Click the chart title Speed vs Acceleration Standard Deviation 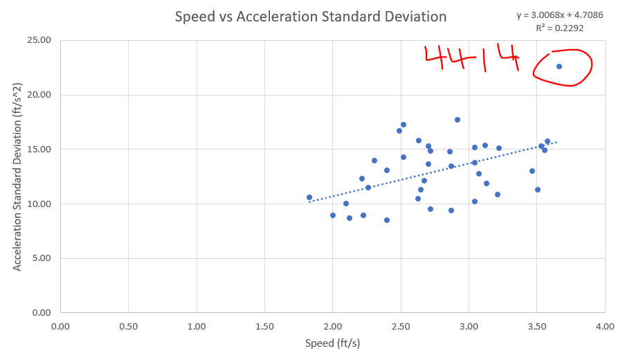pos(310,17)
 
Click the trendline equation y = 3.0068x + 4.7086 pos(559,15)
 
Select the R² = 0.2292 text pos(559,28)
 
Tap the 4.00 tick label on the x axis pos(604,326)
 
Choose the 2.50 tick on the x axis pos(401,326)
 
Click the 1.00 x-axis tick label pos(197,326)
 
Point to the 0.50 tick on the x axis pos(129,326)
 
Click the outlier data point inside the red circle pos(559,66)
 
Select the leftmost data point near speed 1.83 pos(309,197)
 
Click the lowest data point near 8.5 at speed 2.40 pos(387,220)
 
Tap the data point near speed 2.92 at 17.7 pos(458,120)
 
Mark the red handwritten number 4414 pos(471,60)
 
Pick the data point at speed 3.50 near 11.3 pos(538,190)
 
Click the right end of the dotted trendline pos(556,143)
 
